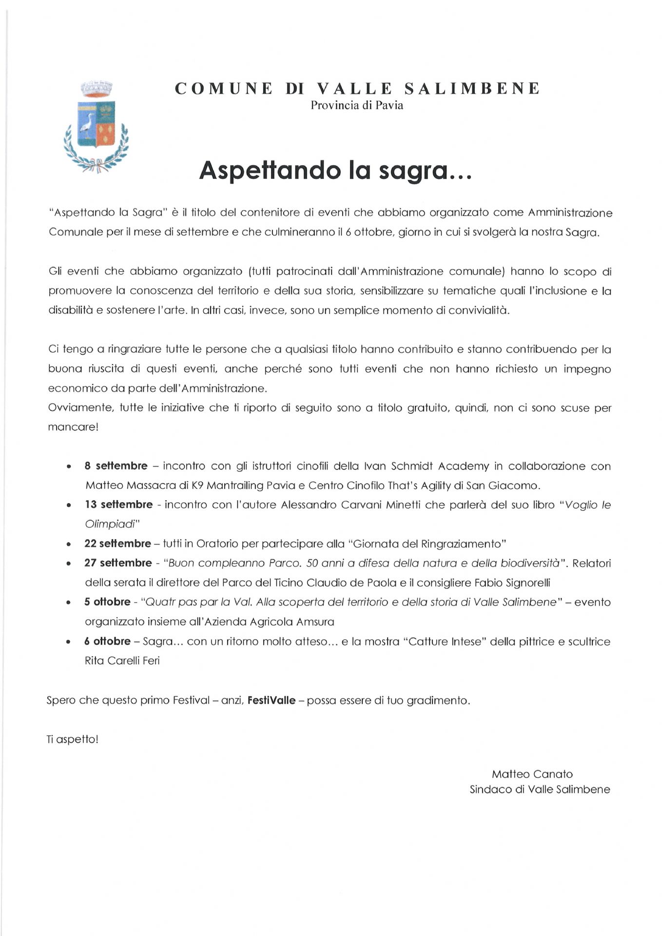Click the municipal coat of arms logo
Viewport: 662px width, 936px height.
tap(96, 127)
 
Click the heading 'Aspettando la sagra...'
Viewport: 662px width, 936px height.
tap(335, 171)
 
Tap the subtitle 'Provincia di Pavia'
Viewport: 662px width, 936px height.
tap(357, 105)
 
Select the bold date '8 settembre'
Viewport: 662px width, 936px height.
tap(116, 466)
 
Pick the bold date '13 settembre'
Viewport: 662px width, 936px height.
tap(118, 505)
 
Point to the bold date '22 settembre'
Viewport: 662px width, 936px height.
tap(117, 544)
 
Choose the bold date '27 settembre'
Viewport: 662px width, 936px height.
tap(118, 563)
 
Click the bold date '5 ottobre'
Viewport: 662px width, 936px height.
tap(107, 602)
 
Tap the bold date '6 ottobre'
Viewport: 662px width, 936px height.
tap(107, 641)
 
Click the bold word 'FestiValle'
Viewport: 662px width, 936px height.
tap(272, 701)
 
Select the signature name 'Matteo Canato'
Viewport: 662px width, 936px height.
tap(532, 774)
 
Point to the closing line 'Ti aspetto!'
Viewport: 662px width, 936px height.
tap(73, 740)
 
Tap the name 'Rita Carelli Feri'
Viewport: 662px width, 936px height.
tap(122, 661)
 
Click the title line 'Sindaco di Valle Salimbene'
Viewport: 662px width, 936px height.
tap(540, 789)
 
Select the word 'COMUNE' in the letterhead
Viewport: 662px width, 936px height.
tap(224, 89)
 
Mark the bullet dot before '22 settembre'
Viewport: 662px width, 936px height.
tap(70, 544)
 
